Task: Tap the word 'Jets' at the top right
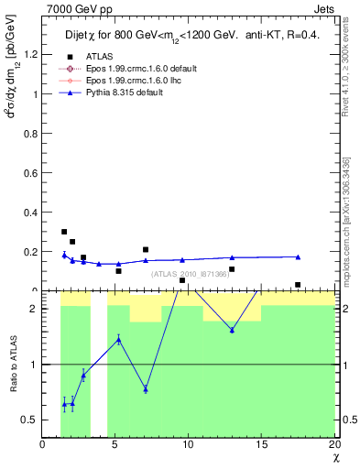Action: click(x=325, y=8)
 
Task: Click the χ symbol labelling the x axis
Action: click(x=334, y=458)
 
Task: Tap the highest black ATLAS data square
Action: click(x=64, y=232)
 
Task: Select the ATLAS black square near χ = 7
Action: click(x=146, y=249)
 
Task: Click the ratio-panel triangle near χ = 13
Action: click(x=232, y=330)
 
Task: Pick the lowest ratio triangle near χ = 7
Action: click(x=146, y=389)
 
